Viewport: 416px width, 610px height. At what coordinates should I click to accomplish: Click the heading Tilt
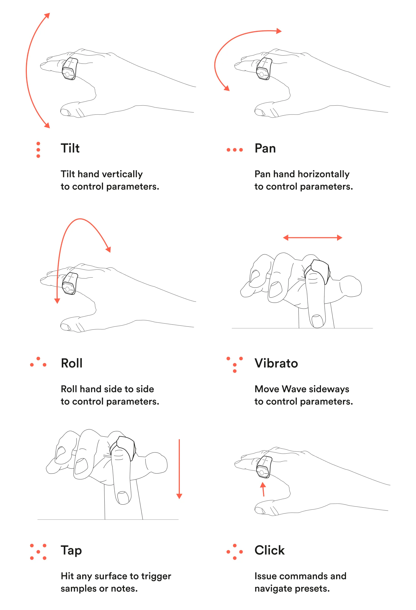coord(70,148)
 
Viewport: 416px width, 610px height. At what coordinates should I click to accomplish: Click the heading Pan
coord(265,148)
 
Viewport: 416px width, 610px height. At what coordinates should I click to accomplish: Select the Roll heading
coord(72,363)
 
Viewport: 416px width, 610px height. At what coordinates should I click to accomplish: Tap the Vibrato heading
coord(276,363)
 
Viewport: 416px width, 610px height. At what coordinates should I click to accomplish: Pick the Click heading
coord(269,550)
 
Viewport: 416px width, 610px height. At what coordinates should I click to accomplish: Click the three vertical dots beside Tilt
coord(38,150)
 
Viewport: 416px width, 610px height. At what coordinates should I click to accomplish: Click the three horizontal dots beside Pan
coord(235,150)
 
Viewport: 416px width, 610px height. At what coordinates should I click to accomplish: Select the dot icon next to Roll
coord(38,362)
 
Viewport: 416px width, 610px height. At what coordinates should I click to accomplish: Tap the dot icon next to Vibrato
coord(235,365)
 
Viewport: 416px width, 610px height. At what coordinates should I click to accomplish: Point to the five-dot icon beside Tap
coord(38,552)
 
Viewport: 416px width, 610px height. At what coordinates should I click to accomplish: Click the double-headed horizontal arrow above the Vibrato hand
coord(313,238)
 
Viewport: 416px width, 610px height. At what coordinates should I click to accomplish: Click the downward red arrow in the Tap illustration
coord(179,469)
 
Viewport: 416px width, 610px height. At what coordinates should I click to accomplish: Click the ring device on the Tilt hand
coord(70,69)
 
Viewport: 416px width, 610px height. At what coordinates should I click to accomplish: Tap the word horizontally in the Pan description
coord(324,174)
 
